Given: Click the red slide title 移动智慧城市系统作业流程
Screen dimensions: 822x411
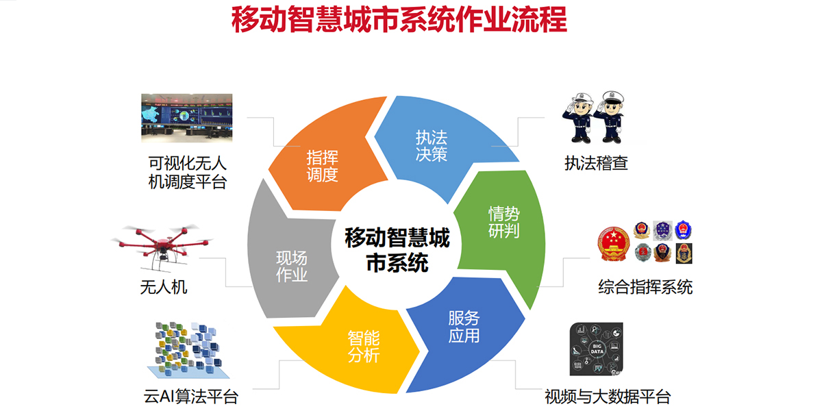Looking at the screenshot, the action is click(399, 21).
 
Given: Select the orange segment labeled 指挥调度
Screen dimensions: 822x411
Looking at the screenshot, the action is click(322, 164).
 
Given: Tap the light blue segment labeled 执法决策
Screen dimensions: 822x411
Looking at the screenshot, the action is click(432, 144).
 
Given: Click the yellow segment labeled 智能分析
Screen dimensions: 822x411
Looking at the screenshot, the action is click(363, 346).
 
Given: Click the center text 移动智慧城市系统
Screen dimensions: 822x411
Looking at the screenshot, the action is click(397, 250).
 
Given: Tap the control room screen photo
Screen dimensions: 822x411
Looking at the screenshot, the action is click(186, 119).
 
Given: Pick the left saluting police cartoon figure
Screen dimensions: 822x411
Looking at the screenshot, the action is click(577, 117).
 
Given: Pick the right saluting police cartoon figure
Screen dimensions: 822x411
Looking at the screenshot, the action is click(610, 117).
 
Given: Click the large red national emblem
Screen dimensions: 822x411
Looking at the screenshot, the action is click(614, 245).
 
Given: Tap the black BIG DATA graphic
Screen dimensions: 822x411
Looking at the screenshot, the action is click(595, 349).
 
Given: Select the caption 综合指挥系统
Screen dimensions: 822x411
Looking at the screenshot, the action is click(645, 286).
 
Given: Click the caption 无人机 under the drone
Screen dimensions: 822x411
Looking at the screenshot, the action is click(164, 286).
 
